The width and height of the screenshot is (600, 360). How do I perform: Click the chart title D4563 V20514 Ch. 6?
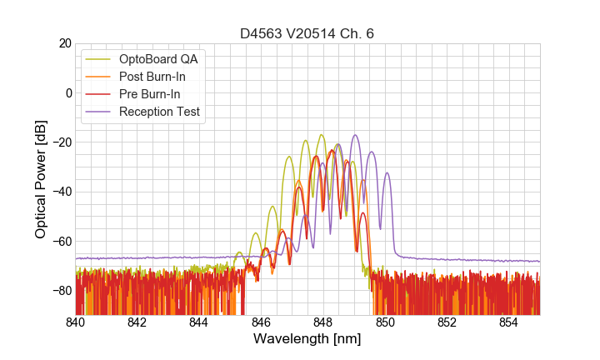tap(307, 33)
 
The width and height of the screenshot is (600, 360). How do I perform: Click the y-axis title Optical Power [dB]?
tap(41, 179)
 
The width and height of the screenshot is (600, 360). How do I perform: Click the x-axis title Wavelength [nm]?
tap(307, 339)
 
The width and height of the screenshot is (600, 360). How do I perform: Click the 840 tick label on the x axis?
tap(76, 322)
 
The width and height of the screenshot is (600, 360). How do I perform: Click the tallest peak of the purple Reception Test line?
tap(356, 135)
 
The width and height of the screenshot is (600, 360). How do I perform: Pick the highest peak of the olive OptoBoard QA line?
tap(321, 135)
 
